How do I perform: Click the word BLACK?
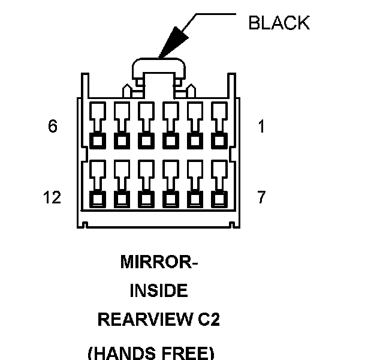coord(279,23)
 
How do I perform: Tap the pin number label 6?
coord(53,127)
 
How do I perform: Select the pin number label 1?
coord(261,127)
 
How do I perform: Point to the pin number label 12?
coord(52,197)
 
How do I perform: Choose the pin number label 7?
coord(261,197)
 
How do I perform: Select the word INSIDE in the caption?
coord(159,292)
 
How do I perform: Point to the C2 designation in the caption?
coord(207,320)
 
